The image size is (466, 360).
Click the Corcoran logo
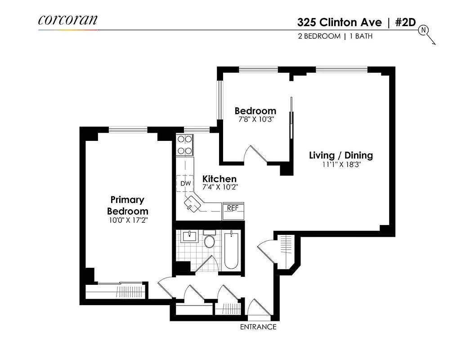tap(67, 20)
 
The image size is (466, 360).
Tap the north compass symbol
tap(424, 31)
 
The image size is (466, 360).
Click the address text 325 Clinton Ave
tap(339, 22)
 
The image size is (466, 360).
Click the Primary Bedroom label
tap(127, 205)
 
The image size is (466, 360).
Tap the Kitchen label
tap(219, 179)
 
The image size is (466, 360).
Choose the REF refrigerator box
tap(233, 208)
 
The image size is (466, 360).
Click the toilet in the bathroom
tap(210, 241)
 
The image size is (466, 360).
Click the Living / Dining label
tap(341, 155)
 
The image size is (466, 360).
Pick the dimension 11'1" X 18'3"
tap(341, 165)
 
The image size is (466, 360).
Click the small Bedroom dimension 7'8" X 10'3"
tap(255, 120)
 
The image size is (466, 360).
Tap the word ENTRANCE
tap(258, 327)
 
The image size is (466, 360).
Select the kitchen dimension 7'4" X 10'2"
tap(219, 188)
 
